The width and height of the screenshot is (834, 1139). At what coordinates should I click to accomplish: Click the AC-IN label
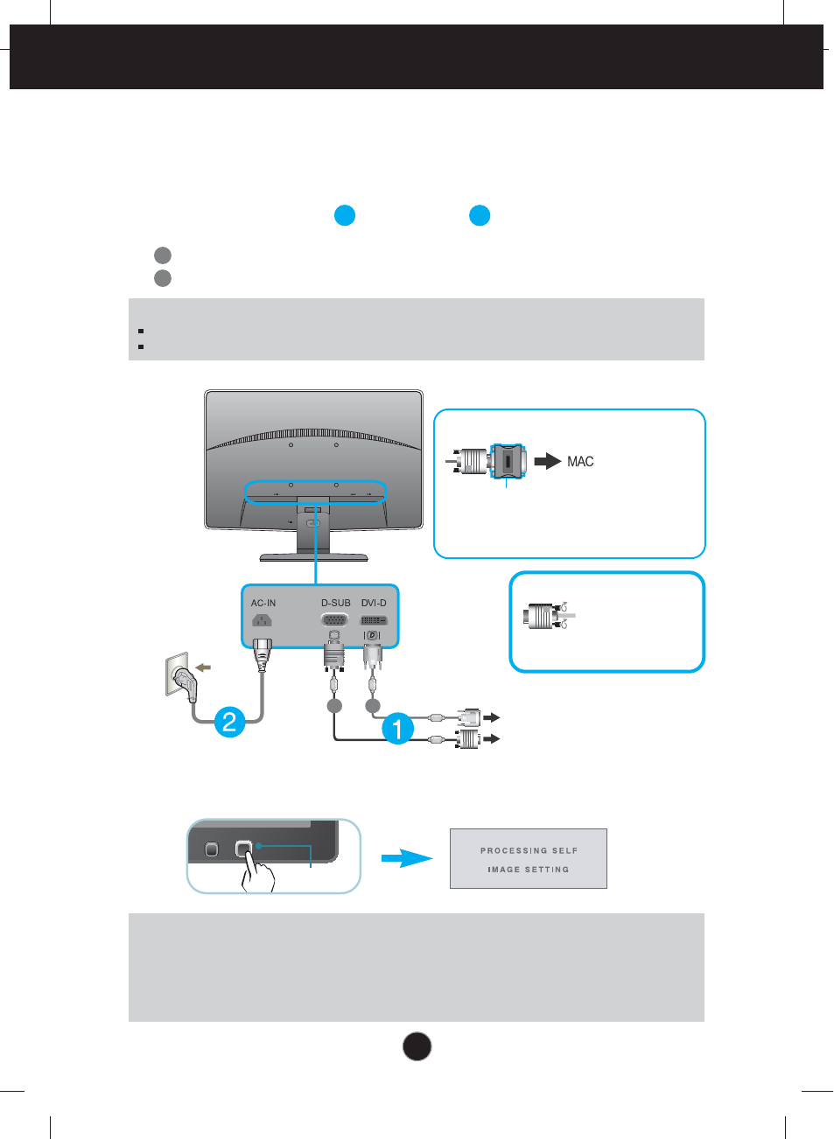(263, 603)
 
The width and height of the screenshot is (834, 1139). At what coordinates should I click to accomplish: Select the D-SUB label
(335, 603)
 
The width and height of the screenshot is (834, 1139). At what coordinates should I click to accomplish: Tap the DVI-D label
(374, 603)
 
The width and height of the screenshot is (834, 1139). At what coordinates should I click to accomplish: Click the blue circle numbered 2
(229, 722)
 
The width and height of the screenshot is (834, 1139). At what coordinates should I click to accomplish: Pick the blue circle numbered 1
(397, 728)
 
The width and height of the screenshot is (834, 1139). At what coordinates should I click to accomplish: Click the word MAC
(580, 461)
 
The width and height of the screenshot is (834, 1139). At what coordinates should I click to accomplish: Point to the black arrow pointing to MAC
(547, 461)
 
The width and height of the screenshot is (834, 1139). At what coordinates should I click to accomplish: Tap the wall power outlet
(179, 675)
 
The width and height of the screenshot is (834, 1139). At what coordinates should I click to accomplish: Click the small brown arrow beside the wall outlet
(203, 667)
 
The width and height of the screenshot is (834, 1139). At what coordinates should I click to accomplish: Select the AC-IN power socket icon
(262, 620)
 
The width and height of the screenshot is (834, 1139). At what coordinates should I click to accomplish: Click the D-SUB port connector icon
(334, 620)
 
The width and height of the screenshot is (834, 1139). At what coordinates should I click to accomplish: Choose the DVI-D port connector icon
(374, 620)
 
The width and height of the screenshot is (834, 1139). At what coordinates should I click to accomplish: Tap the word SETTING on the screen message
(547, 870)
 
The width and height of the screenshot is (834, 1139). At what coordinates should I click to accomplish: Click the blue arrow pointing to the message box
(407, 858)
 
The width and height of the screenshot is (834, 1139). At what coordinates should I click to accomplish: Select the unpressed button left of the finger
(211, 849)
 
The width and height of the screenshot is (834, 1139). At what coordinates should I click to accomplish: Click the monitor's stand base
(313, 556)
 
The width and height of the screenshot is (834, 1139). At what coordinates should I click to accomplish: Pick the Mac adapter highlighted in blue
(508, 460)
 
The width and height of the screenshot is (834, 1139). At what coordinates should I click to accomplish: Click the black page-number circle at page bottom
(417, 1046)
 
